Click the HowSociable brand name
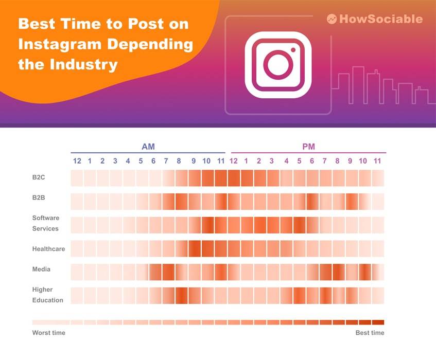(x=381, y=19)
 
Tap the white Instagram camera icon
(x=278, y=65)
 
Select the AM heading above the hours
(x=148, y=147)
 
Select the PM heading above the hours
(x=308, y=147)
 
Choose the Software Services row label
(x=45, y=223)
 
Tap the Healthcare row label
(x=48, y=249)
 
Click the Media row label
(x=41, y=269)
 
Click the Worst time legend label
(x=48, y=333)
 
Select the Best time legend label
(x=370, y=333)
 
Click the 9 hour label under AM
(x=194, y=161)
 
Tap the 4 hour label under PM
(x=286, y=161)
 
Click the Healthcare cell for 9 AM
(x=194, y=248)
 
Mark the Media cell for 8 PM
(x=338, y=272)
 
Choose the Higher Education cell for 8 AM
(x=181, y=295)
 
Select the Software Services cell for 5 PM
(x=299, y=225)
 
